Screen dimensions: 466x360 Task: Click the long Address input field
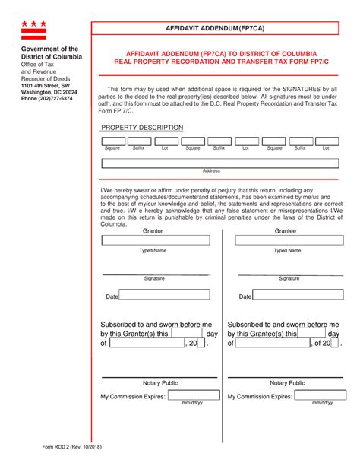coord(220,162)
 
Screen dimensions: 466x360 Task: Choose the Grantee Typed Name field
coord(287,240)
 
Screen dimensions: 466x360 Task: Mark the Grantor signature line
coord(154,273)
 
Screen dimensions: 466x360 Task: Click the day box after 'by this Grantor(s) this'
coord(187,332)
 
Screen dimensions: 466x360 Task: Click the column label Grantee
coord(286,230)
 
